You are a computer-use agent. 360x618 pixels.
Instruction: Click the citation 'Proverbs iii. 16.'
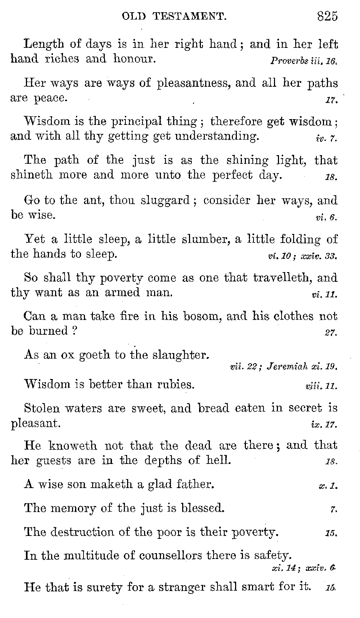[303, 61]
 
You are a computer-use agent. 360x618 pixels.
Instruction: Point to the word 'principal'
[137, 122]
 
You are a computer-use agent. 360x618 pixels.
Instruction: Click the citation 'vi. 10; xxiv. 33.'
[302, 257]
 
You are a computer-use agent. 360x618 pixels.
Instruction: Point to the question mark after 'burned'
[74, 331]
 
